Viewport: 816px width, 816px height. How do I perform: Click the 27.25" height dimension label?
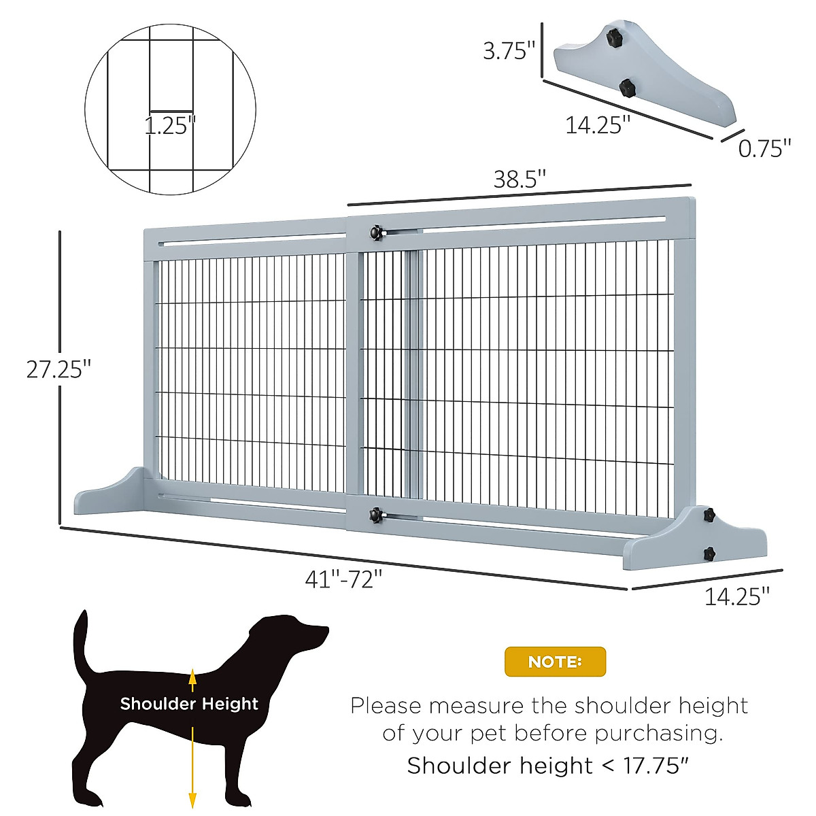[x=58, y=369]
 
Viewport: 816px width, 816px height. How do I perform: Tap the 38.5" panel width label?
[x=520, y=180]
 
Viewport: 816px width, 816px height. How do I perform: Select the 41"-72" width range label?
[x=343, y=579]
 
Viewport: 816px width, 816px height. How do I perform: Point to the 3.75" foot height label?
[x=509, y=50]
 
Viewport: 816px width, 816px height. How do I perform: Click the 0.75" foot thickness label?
[x=764, y=148]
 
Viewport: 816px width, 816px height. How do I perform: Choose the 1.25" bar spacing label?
[x=170, y=125]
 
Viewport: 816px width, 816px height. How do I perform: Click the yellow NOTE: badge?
[x=555, y=661]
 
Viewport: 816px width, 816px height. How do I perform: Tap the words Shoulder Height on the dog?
[x=189, y=704]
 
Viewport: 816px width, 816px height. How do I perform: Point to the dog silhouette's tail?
[x=82, y=643]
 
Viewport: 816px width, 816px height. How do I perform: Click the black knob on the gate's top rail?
[x=375, y=233]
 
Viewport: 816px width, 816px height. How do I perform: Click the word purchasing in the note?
[x=656, y=734]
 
